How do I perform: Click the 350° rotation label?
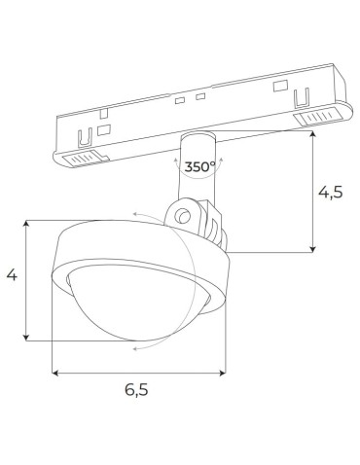[x=199, y=167]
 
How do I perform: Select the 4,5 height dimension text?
[x=331, y=192]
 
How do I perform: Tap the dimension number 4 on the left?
[x=12, y=276]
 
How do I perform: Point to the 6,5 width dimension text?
[x=137, y=393]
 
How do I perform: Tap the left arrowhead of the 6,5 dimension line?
[x=55, y=372]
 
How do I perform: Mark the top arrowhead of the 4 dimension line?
[x=27, y=224]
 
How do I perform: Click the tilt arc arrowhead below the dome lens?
[x=135, y=345]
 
